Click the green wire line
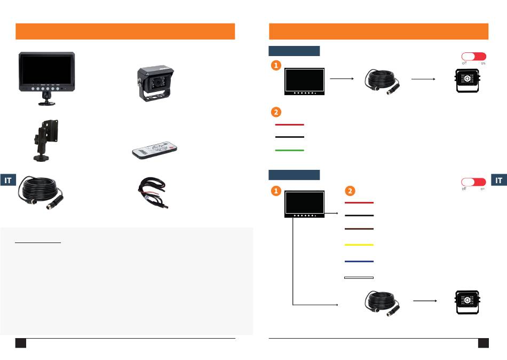pos(289,150)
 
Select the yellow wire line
pos(359,245)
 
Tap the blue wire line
pos(359,261)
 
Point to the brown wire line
pos(359,229)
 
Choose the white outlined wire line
pos(359,278)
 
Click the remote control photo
pos(155,150)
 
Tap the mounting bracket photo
pos(46,140)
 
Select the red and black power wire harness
pos(153,192)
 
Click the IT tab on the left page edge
pos(8,180)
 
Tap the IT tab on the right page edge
pos(499,180)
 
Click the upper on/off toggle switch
pos(474,57)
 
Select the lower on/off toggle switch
pos(474,182)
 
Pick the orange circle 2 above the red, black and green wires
pos(276,112)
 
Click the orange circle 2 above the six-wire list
pos(350,191)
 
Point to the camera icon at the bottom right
pos(467,302)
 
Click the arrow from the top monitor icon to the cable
pos(342,79)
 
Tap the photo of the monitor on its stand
pos(47,79)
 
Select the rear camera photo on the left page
pos(155,83)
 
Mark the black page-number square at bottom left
pos(21,343)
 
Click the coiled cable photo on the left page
pos(41,193)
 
